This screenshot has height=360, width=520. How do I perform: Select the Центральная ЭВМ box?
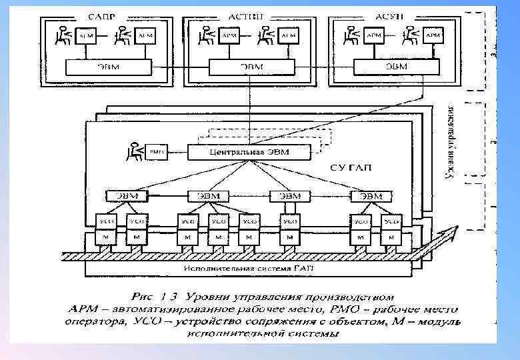[249, 153]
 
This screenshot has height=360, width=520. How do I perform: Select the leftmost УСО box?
[106, 221]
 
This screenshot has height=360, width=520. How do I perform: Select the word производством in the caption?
[353, 294]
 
